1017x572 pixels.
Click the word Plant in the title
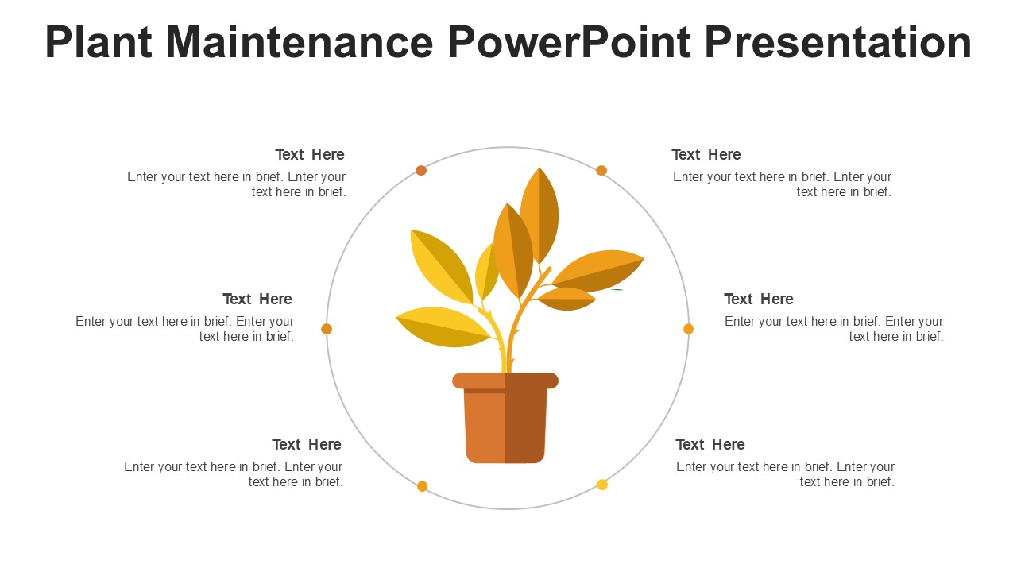click(x=99, y=42)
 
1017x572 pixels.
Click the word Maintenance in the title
click(x=300, y=42)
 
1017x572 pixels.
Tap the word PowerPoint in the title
click(x=570, y=42)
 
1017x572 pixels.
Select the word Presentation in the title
click(x=838, y=42)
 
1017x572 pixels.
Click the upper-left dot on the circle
click(x=421, y=170)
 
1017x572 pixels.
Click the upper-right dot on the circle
click(x=601, y=170)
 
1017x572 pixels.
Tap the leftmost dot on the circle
click(x=327, y=329)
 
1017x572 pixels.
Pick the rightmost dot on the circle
click(x=688, y=329)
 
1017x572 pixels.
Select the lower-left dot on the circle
click(x=422, y=486)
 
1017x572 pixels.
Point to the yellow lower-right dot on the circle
click(x=602, y=485)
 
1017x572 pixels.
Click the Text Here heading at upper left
click(x=310, y=154)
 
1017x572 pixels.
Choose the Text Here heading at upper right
click(x=706, y=154)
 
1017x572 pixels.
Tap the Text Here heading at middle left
click(x=257, y=300)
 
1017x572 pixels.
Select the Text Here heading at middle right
click(x=759, y=300)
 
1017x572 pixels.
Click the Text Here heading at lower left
click(x=307, y=444)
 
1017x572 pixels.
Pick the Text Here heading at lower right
click(x=710, y=444)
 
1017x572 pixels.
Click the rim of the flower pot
click(x=505, y=381)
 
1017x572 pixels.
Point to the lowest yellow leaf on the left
click(x=443, y=327)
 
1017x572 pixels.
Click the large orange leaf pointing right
click(x=598, y=271)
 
